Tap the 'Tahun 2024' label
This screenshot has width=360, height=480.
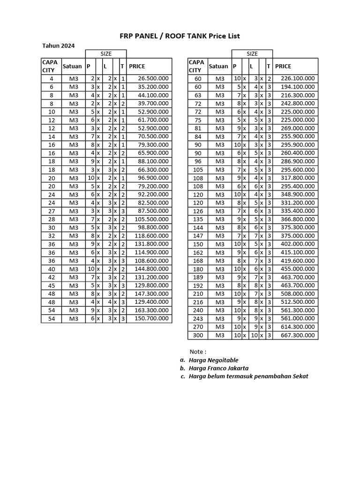(58, 46)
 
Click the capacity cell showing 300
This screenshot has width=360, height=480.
(198, 335)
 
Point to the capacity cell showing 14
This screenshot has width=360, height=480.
(51, 136)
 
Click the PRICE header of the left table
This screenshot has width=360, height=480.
(137, 66)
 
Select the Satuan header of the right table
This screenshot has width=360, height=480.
(218, 66)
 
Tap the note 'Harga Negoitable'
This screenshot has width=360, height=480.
(213, 360)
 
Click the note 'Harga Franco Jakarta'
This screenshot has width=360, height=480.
(218, 368)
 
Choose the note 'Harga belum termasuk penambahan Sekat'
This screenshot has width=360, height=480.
(248, 376)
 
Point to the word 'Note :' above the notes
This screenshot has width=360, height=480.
(198, 352)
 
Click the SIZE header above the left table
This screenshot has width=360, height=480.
(106, 54)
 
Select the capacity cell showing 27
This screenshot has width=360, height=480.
(51, 211)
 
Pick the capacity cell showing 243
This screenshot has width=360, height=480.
(198, 319)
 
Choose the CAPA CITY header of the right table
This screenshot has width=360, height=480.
(196, 66)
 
